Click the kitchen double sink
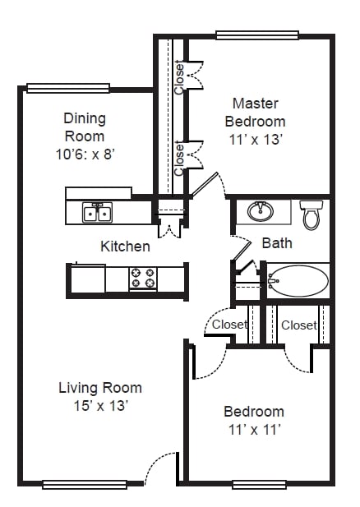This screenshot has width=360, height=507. pyautogui.click(x=97, y=213)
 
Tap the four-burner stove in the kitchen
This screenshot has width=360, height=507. pyautogui.click(x=143, y=279)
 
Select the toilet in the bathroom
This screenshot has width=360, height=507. pyautogui.click(x=312, y=214)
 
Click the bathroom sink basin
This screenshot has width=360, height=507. pyautogui.click(x=261, y=211)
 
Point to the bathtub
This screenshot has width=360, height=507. pyautogui.click(x=298, y=281)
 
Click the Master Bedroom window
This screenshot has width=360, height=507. pyautogui.click(x=257, y=35)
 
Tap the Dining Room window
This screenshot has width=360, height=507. pyautogui.click(x=68, y=88)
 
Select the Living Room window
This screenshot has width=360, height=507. pyautogui.click(x=84, y=485)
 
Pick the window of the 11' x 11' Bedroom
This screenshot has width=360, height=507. pyautogui.click(x=260, y=485)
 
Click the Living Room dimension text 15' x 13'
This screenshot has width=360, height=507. pyautogui.click(x=101, y=405)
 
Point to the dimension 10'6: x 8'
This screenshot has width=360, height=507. pyautogui.click(x=85, y=154)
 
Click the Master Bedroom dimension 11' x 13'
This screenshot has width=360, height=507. pyautogui.click(x=256, y=140)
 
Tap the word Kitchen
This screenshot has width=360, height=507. pyautogui.click(x=125, y=247)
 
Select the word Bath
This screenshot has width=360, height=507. pyautogui.click(x=277, y=243)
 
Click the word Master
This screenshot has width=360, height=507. pyautogui.click(x=255, y=104)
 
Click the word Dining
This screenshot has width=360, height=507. pyautogui.click(x=85, y=118)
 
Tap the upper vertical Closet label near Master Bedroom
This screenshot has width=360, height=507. pyautogui.click(x=179, y=78)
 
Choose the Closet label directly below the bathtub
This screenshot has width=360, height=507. pyautogui.click(x=299, y=325)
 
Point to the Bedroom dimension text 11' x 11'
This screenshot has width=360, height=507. pyautogui.click(x=254, y=430)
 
